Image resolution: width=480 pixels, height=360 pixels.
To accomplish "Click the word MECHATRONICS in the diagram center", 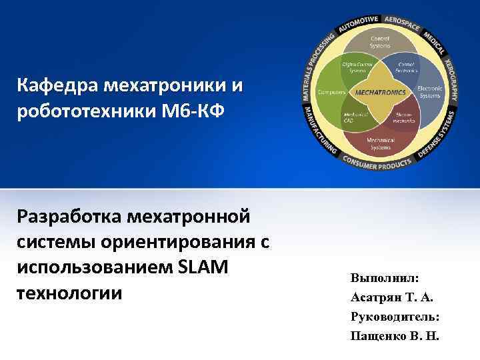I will click(x=380, y=92).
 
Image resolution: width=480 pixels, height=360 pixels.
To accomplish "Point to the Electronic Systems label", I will click(x=429, y=91).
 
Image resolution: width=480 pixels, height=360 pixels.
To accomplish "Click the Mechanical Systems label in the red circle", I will click(x=380, y=142).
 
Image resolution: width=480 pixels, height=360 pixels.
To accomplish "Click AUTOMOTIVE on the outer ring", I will click(x=359, y=23).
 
